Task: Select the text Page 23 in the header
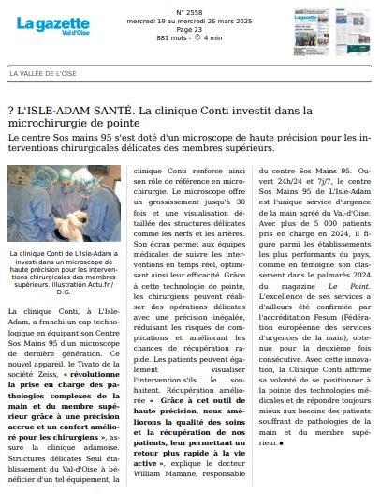click(x=189, y=30)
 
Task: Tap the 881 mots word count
click(x=167, y=38)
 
